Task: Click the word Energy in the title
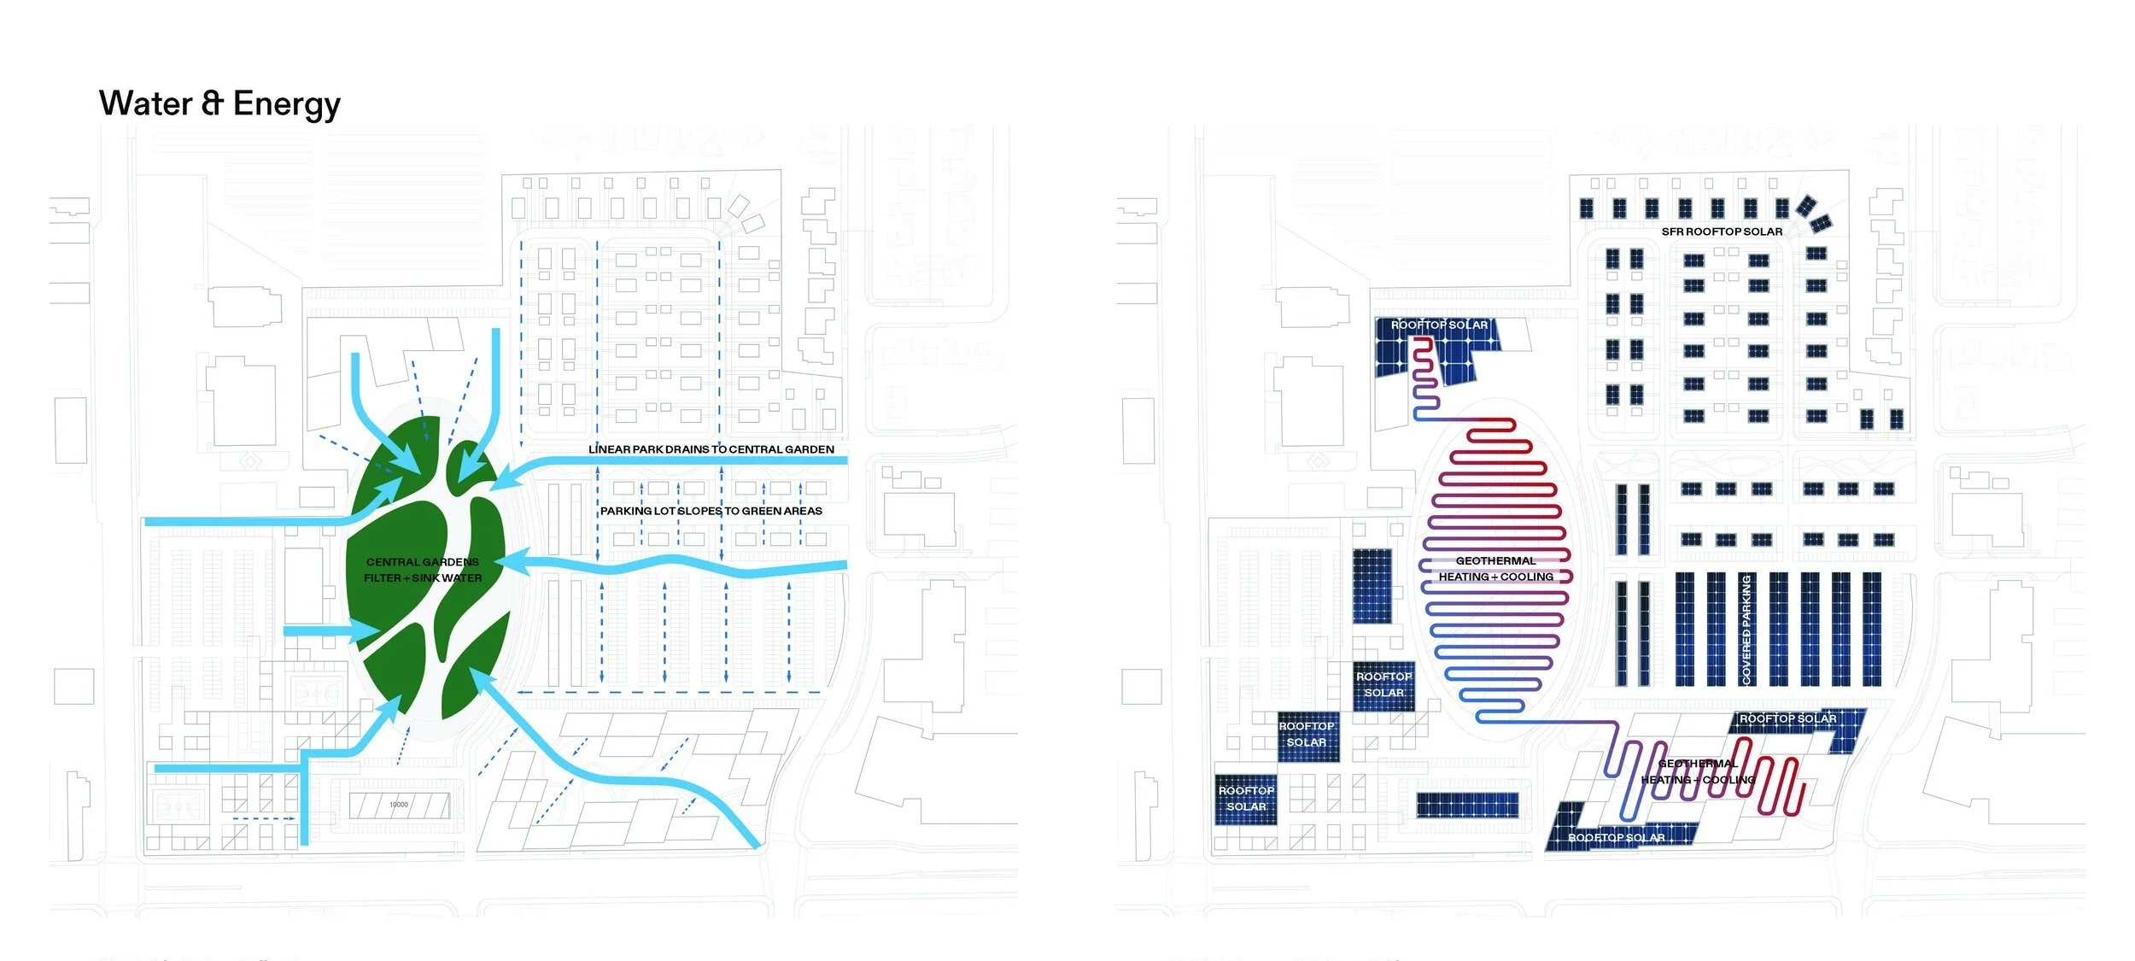(x=286, y=104)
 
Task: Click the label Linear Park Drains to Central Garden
(x=711, y=449)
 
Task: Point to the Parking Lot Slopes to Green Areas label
(x=711, y=511)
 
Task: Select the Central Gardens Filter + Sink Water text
(x=423, y=570)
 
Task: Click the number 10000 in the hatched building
(x=399, y=805)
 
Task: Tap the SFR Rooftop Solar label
(x=1722, y=231)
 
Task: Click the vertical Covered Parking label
(x=1746, y=629)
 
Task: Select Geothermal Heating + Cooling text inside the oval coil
(x=1495, y=569)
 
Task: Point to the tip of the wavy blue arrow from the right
(x=502, y=560)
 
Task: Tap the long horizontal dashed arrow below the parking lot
(x=670, y=692)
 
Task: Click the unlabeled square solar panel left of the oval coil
(x=1372, y=586)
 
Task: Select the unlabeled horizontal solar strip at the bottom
(x=1467, y=805)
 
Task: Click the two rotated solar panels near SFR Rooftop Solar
(x=1813, y=214)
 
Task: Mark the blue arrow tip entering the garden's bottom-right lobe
(x=479, y=678)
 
